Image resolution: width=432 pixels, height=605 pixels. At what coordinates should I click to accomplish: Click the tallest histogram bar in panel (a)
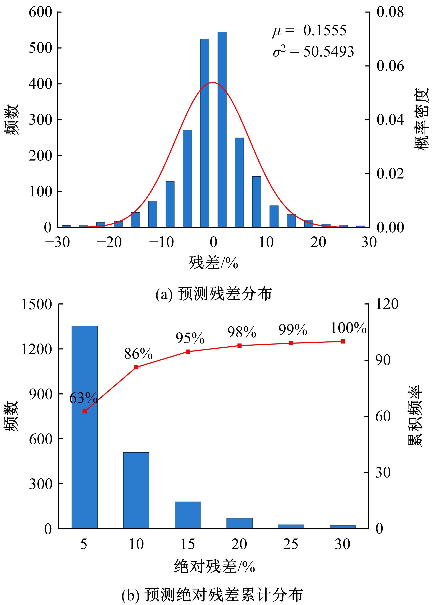[222, 129]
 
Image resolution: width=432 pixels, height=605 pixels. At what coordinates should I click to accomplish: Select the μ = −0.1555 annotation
[309, 31]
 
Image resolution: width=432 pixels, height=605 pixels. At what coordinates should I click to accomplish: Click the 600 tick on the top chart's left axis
[40, 12]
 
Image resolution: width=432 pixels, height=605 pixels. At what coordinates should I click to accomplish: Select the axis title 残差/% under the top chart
[213, 263]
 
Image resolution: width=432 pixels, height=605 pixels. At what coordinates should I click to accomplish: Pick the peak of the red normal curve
[213, 82]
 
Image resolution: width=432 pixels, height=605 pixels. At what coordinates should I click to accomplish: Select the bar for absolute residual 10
[136, 490]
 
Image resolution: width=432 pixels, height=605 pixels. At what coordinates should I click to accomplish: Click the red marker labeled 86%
[136, 367]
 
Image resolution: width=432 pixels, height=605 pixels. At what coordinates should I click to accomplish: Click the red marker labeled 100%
[343, 341]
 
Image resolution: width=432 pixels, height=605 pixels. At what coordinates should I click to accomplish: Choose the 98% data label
[241, 332]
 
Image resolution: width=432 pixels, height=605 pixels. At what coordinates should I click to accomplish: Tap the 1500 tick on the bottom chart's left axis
[36, 304]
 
